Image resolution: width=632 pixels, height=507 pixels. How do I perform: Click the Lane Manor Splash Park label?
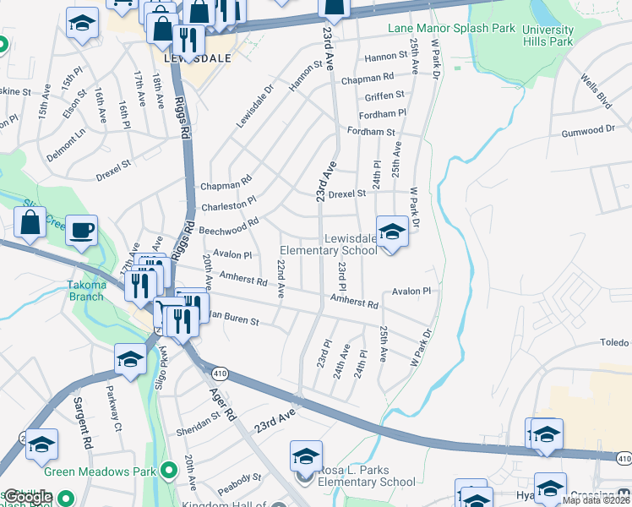coord(451,28)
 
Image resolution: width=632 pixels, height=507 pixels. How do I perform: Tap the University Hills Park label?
coord(548,35)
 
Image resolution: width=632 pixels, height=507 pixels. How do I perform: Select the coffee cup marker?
coord(81,231)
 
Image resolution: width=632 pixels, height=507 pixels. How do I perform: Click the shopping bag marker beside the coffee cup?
coord(30,224)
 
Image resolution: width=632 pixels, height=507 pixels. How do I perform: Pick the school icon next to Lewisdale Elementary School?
coord(392,231)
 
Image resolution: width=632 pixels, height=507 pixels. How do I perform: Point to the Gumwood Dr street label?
coord(589,131)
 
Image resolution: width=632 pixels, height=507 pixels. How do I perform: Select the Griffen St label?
coord(384,95)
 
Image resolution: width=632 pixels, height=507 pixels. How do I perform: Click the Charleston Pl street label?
coord(228,205)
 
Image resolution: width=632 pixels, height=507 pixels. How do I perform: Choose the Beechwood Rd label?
coord(229,228)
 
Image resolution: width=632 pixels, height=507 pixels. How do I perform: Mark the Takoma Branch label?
coord(86,286)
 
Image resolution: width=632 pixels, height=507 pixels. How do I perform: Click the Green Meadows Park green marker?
coord(168,469)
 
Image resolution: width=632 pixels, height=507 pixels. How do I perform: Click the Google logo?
coord(27,497)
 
